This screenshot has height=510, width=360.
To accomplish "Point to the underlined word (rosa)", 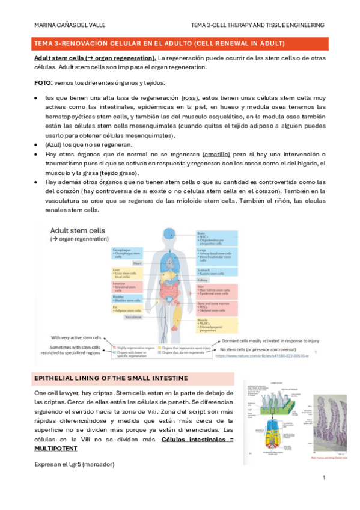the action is click(190, 96).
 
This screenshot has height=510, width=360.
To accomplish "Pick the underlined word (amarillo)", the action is click(220, 155).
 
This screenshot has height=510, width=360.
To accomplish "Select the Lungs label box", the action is click(216, 256).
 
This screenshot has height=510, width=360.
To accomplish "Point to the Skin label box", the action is click(216, 292).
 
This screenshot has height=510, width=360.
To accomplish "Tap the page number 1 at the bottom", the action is click(323, 478).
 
